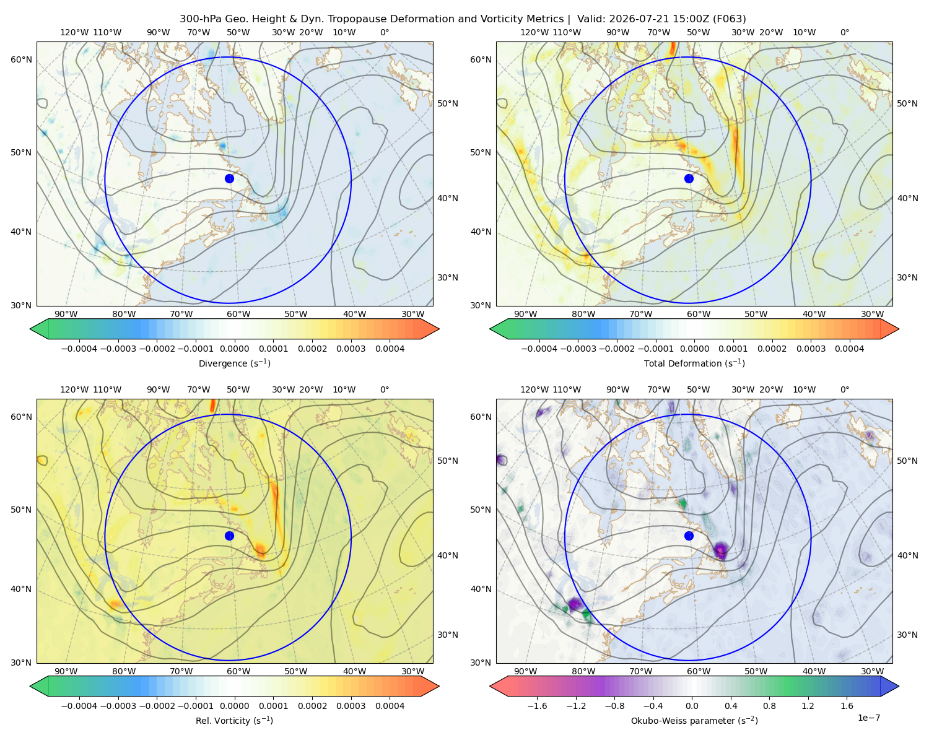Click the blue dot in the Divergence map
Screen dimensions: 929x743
[x=229, y=178]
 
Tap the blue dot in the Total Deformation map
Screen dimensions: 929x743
[x=689, y=178]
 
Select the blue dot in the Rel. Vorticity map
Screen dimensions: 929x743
[x=229, y=536]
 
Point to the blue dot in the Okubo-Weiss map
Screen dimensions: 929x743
[x=689, y=536]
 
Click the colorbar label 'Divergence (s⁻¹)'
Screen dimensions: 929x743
[x=234, y=363]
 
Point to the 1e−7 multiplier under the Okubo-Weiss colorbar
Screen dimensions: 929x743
[x=868, y=718]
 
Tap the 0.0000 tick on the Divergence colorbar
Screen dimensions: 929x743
[x=234, y=349]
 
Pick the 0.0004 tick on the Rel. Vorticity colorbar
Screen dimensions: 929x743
[x=390, y=706]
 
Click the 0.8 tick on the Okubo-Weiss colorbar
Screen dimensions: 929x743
[x=769, y=706]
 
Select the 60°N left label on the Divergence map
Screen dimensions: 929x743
[x=21, y=59]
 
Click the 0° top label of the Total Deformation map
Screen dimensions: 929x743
[x=845, y=32]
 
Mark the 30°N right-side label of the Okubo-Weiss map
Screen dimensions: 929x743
[x=907, y=634]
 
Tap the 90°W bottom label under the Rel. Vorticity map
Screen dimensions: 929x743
[x=66, y=671]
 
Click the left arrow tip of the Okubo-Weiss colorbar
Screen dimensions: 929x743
[x=490, y=686]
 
